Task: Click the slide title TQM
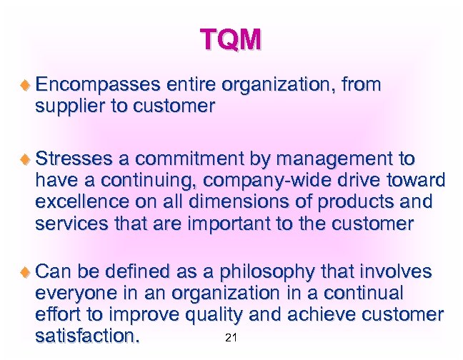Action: (x=230, y=40)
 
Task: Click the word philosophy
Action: (x=266, y=272)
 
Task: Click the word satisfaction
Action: (x=89, y=336)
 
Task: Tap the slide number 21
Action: (x=230, y=338)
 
